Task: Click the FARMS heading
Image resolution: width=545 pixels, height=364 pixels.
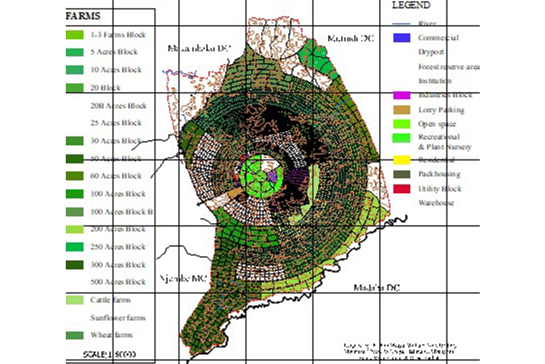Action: tap(83, 16)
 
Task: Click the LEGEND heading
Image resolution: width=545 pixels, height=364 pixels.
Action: tap(411, 5)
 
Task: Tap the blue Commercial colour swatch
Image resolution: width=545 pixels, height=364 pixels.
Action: tap(402, 37)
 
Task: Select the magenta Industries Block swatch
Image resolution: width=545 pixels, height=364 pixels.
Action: tap(402, 95)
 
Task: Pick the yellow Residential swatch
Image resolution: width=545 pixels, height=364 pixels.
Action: tap(402, 160)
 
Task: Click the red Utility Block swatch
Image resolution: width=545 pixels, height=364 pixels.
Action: tap(402, 188)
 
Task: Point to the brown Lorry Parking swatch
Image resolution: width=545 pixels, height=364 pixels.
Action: tap(402, 110)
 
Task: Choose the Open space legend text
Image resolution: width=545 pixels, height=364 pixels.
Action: tap(437, 124)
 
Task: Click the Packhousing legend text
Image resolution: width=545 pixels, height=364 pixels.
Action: tap(439, 175)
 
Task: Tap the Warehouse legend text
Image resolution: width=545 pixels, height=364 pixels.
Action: tap(436, 203)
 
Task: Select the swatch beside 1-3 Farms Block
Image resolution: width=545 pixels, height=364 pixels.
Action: tap(74, 35)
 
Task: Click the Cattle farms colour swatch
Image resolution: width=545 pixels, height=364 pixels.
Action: tap(74, 300)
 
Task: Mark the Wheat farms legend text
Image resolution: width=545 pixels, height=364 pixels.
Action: tap(112, 335)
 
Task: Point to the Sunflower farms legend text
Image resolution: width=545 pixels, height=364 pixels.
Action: tap(118, 318)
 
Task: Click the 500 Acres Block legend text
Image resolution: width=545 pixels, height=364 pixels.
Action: tap(118, 282)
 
